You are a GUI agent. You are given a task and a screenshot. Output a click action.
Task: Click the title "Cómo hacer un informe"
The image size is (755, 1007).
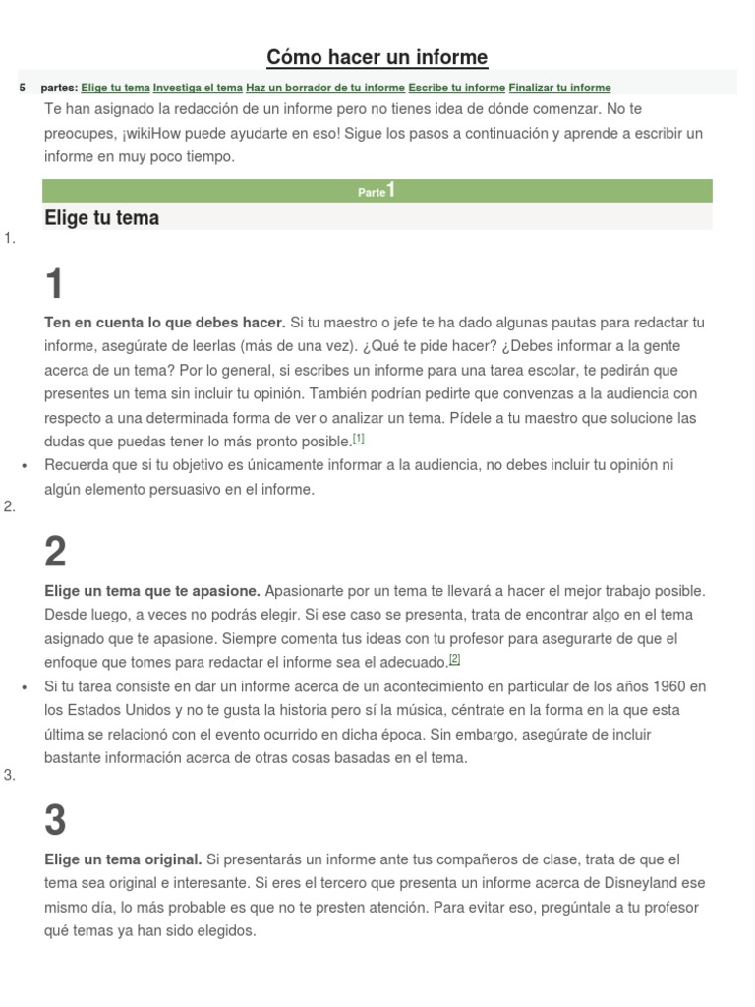pos(377,57)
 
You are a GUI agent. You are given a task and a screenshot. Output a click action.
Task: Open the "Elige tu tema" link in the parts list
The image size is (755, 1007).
pos(115,88)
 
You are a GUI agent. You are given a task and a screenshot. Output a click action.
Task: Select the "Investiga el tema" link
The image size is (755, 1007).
pos(198,88)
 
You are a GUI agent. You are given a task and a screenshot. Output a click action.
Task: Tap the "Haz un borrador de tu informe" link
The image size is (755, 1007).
pos(325,88)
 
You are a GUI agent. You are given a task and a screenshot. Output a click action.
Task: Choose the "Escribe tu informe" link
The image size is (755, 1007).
pos(456,88)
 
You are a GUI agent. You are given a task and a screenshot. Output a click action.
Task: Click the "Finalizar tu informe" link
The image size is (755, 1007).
pos(559,88)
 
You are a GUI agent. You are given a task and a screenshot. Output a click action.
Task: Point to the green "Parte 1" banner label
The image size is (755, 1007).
pos(377,191)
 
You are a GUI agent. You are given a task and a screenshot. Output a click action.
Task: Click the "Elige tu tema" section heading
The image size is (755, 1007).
pos(101,218)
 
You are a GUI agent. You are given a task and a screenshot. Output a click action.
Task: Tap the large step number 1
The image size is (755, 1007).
pos(55,285)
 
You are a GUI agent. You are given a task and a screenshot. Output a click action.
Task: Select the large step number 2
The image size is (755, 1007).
pos(56,553)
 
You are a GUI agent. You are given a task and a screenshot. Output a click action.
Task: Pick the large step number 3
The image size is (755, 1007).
pos(56,821)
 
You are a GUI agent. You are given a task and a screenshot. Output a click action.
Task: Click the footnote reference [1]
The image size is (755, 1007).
pos(359,439)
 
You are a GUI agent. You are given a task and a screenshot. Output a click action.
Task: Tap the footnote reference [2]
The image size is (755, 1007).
pos(454,659)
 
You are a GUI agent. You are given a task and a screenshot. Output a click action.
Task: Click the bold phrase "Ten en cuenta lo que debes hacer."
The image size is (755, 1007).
pos(164,323)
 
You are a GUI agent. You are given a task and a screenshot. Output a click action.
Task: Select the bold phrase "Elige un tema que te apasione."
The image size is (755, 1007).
pos(152,591)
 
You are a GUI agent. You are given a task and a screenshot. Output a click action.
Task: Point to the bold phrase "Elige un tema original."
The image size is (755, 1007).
pos(123,859)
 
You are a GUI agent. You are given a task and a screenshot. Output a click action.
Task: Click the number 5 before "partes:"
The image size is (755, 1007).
pos(22,88)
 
